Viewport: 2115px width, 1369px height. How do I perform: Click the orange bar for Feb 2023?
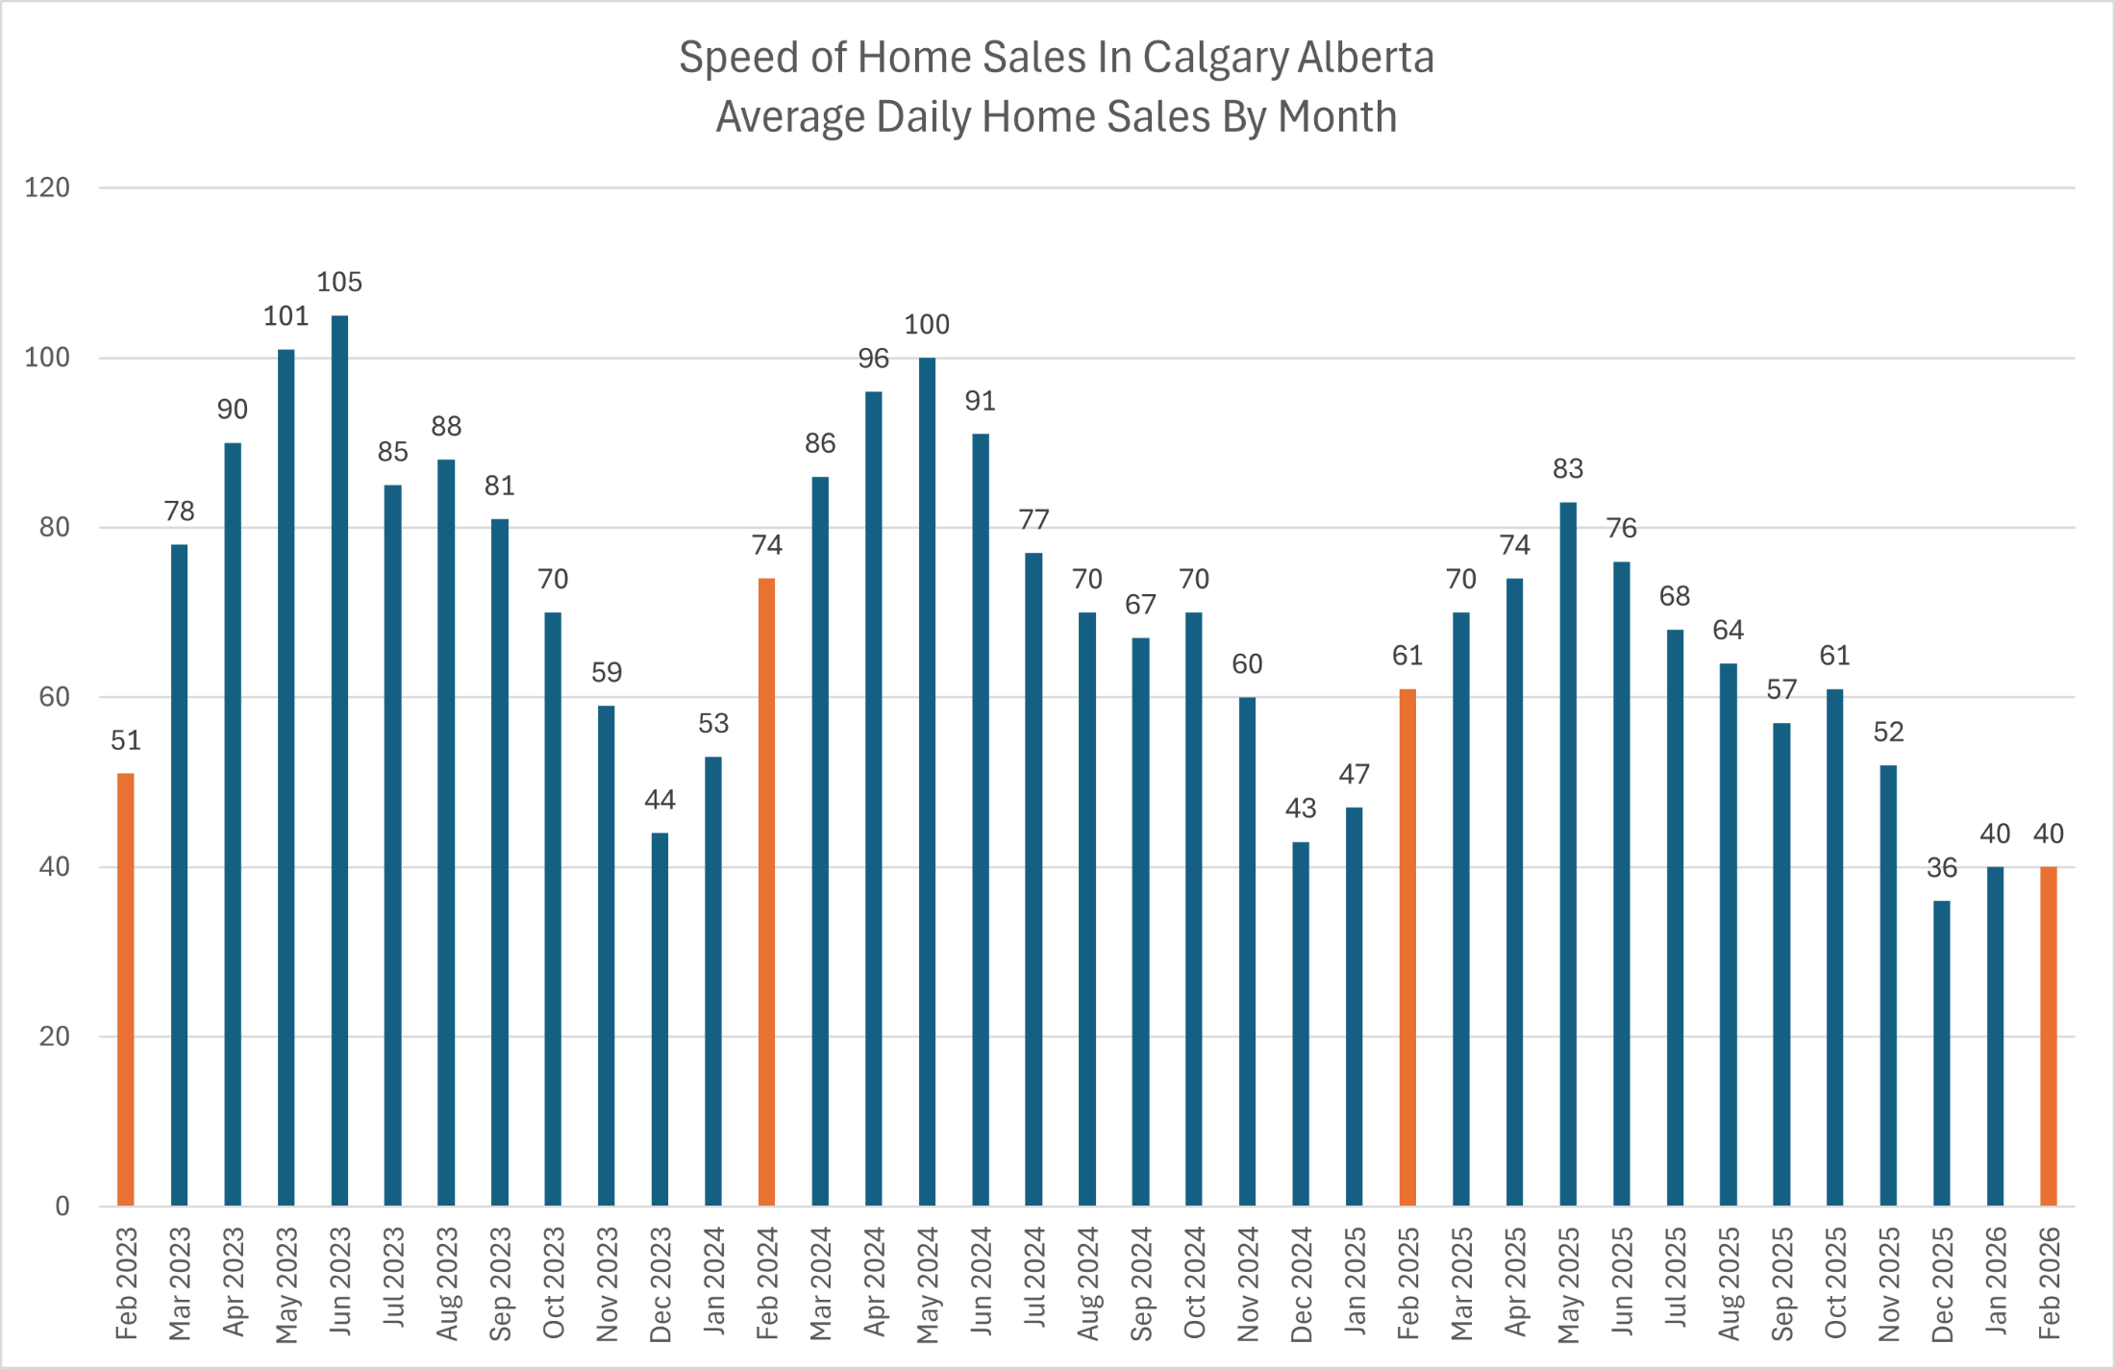pos(126,990)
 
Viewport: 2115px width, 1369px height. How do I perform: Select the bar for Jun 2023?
pos(339,759)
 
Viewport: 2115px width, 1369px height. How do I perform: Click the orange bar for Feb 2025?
pos(1407,947)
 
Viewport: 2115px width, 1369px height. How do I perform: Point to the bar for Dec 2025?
pos(1942,1053)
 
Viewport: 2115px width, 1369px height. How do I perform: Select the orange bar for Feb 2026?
pos(2049,1036)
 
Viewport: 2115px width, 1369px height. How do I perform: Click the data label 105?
pos(339,283)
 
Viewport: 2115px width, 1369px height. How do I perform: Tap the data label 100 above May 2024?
pos(927,325)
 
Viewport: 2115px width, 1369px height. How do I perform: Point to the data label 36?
pos(1942,868)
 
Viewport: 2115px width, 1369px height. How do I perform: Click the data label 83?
pos(1568,469)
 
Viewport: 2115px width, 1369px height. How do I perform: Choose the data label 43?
pos(1301,809)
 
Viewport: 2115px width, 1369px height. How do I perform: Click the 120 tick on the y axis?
pos(47,187)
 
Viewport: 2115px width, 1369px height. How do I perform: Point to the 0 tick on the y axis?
pos(62,1207)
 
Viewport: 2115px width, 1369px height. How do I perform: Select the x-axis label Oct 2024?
pos(1194,1282)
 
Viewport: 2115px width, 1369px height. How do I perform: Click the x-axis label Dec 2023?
pos(660,1284)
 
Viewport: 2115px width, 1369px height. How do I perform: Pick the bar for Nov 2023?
pos(607,957)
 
